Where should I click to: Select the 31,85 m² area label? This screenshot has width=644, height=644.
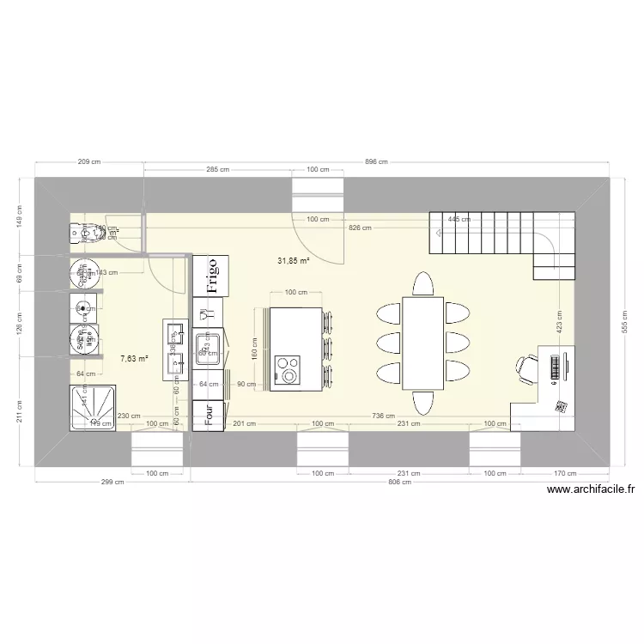point(293,260)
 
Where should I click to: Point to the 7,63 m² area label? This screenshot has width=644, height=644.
point(134,358)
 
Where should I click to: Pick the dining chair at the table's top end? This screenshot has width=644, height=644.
point(423,284)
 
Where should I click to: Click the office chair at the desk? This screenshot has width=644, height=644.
point(526,367)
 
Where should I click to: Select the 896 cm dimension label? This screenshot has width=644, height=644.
point(376,161)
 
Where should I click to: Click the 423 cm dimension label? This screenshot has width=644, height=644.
point(558,323)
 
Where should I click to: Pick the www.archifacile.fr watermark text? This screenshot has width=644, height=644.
point(591,490)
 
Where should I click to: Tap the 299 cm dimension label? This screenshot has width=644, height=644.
point(112,483)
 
